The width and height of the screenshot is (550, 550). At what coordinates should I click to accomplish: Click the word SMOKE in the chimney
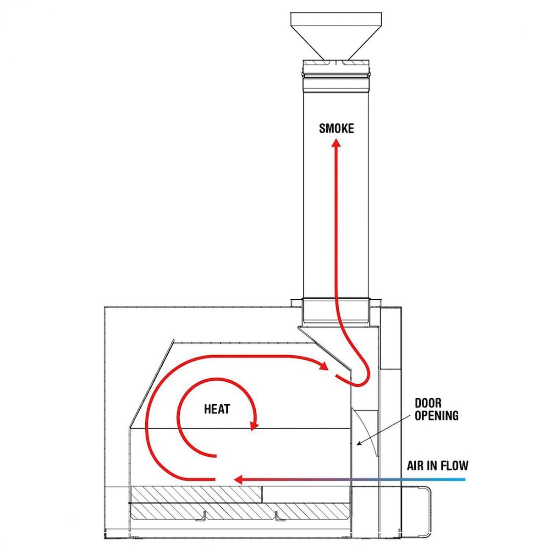click(x=336, y=128)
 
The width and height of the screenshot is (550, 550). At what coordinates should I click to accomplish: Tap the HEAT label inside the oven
click(x=217, y=409)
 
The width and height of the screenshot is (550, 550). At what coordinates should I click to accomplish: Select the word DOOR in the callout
click(x=428, y=403)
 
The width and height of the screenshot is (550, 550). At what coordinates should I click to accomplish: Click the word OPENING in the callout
click(x=436, y=416)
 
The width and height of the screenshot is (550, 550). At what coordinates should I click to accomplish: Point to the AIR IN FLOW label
click(x=438, y=466)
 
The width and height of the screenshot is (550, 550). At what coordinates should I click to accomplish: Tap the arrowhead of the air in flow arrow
click(x=238, y=480)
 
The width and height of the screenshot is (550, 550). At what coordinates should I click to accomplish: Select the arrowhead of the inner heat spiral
click(x=253, y=426)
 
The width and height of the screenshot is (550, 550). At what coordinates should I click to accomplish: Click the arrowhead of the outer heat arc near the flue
click(x=324, y=366)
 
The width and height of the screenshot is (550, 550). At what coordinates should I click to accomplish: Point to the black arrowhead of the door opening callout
click(x=359, y=443)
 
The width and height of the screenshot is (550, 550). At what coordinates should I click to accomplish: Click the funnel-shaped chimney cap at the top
click(x=336, y=34)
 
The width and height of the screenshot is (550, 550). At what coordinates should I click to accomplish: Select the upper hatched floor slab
click(x=196, y=494)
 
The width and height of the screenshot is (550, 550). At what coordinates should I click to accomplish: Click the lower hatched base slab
click(x=238, y=511)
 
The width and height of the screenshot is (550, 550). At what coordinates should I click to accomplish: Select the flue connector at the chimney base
click(x=335, y=309)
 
